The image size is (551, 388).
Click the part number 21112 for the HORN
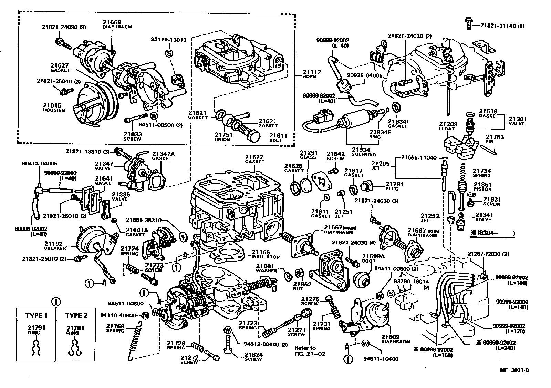coord(312,72)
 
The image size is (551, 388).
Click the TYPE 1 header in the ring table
coord(37,316)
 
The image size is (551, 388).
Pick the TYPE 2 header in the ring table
coord(76,316)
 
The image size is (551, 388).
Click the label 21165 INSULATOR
coord(266,254)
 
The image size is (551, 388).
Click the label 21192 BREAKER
coord(55,245)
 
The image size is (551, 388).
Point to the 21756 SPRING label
coord(115,328)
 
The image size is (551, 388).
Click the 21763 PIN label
coord(495,139)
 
